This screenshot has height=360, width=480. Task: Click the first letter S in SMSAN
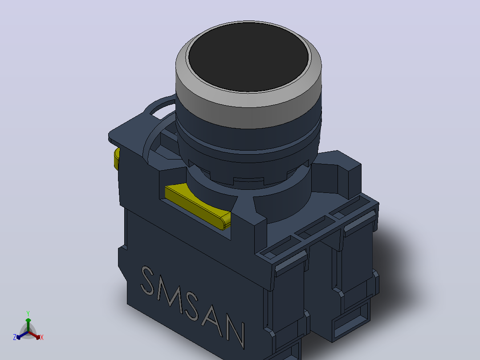coord(147,281)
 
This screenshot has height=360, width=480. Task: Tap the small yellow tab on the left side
coord(117,159)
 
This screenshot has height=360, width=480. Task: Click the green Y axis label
coord(28,313)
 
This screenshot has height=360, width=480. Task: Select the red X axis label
coord(42,337)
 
